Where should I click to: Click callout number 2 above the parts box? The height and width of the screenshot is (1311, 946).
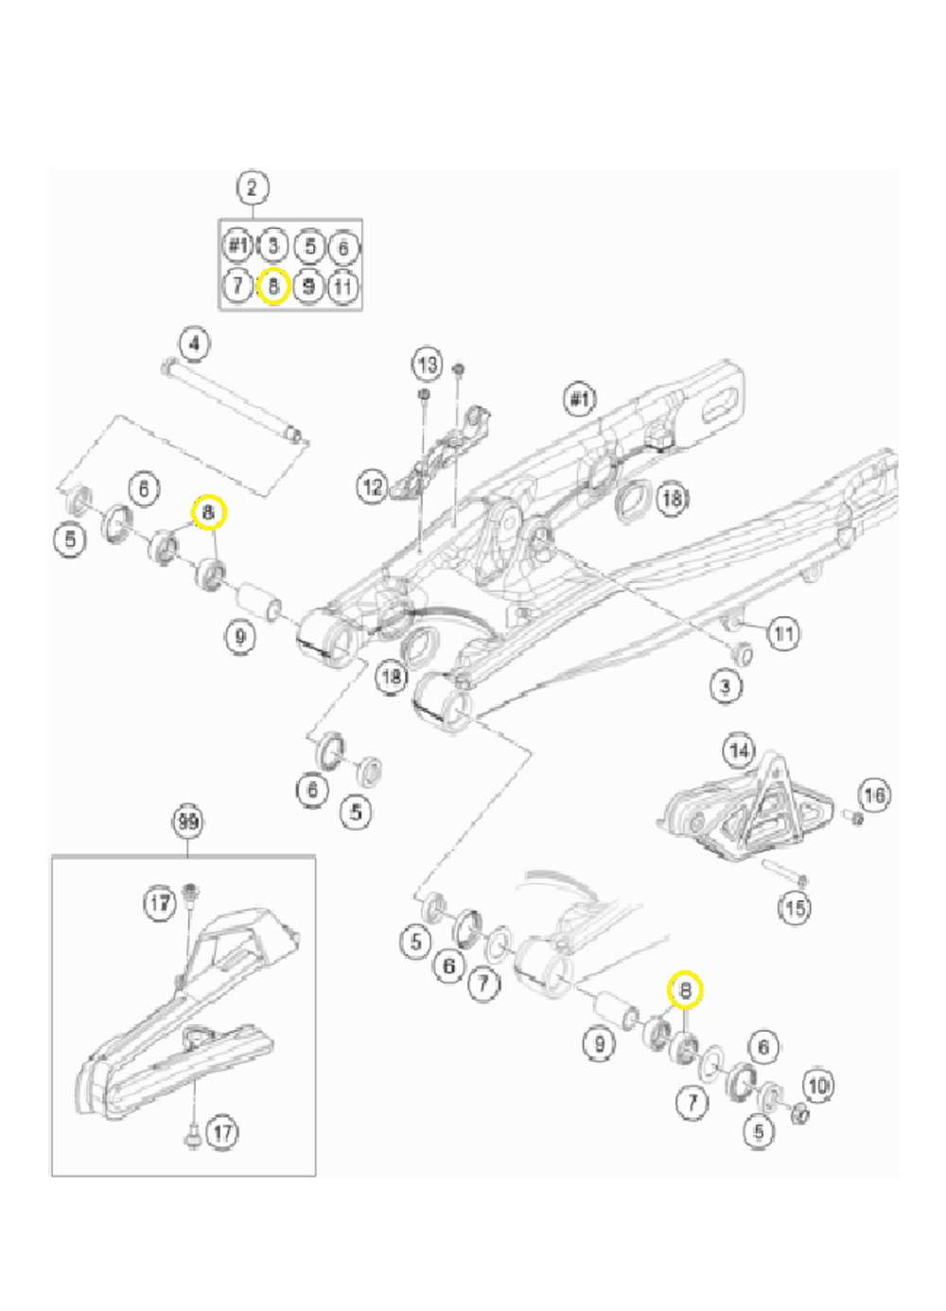coord(252,187)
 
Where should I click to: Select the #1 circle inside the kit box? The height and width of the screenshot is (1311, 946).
coord(238,246)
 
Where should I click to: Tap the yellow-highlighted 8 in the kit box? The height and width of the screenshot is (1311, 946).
coord(273,285)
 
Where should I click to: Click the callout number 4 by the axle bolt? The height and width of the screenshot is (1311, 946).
coord(194,343)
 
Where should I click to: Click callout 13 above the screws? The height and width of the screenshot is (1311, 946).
coord(428,363)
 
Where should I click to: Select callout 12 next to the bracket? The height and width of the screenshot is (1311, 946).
coord(373,487)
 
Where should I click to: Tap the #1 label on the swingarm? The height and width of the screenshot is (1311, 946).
coord(580,399)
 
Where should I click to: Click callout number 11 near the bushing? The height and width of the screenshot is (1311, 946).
coord(783,632)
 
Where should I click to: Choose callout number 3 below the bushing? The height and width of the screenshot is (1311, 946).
coord(726,685)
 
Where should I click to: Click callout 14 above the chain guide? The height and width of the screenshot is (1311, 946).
coord(740,751)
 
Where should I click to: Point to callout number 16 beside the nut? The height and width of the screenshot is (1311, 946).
coord(874,794)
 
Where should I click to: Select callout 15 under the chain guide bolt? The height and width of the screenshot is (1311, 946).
coord(795,908)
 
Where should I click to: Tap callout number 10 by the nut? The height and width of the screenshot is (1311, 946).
coord(818,1085)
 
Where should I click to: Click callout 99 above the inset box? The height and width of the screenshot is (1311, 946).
coord(188,821)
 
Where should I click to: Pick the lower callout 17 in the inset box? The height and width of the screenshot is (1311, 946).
coord(221,1132)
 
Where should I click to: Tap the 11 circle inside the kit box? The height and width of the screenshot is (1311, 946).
coord(343,285)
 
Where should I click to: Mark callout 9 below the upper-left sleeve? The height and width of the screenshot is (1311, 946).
coord(240,636)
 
